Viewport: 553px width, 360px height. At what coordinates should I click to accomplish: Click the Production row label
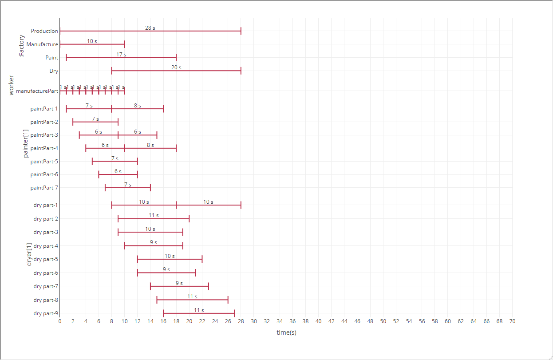[44, 31]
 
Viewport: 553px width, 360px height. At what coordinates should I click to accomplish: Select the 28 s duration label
[150, 28]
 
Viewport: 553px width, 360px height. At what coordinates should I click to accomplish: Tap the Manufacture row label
[42, 44]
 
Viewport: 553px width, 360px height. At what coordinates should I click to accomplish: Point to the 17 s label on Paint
[121, 55]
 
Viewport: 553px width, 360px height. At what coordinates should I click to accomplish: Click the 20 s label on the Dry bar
[176, 67]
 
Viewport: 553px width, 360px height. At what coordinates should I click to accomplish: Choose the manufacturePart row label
[37, 91]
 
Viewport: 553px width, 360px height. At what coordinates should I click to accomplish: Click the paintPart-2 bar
[95, 122]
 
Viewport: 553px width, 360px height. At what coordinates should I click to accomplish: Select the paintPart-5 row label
[44, 162]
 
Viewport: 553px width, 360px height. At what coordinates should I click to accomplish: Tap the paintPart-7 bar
[128, 188]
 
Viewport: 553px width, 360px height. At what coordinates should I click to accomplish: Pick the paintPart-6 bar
[118, 174]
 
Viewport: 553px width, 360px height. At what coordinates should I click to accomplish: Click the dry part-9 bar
[199, 313]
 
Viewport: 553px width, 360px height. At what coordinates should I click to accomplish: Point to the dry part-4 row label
[46, 246]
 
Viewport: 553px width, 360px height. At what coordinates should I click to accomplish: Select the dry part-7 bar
[179, 286]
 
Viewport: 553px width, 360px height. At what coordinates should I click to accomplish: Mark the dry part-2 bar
[154, 218]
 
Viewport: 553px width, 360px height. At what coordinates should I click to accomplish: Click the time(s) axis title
[286, 332]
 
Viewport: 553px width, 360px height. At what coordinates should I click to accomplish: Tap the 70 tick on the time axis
[512, 321]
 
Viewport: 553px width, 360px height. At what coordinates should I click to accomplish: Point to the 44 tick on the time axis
[344, 321]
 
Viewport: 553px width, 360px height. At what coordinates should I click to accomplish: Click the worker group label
[12, 86]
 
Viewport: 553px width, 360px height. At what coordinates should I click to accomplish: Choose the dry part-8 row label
[46, 300]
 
